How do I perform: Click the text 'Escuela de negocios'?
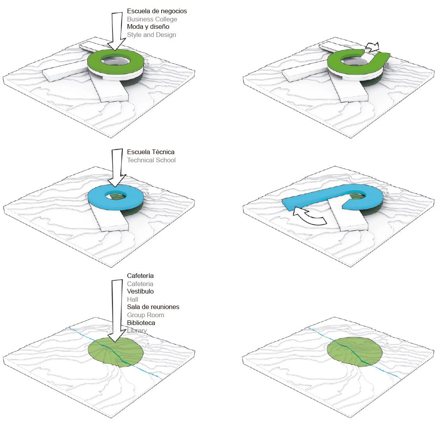pyautogui.click(x=157, y=11)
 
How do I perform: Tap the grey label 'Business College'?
pyautogui.click(x=152, y=19)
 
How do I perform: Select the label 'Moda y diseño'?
pyautogui.click(x=148, y=27)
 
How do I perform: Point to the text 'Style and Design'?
pyautogui.click(x=151, y=35)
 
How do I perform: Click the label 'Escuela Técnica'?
pyautogui.click(x=151, y=152)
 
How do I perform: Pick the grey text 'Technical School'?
pyautogui.click(x=151, y=160)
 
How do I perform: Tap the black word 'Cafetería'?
pyautogui.click(x=140, y=276)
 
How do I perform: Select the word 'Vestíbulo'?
pyautogui.click(x=140, y=291)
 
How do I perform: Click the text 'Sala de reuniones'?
pyautogui.click(x=153, y=307)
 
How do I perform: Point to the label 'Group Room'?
pyautogui.click(x=146, y=315)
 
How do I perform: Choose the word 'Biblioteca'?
pyautogui.click(x=141, y=323)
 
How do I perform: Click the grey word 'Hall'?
pyautogui.click(x=132, y=299)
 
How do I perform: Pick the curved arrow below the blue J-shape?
pyautogui.click(x=310, y=216)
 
